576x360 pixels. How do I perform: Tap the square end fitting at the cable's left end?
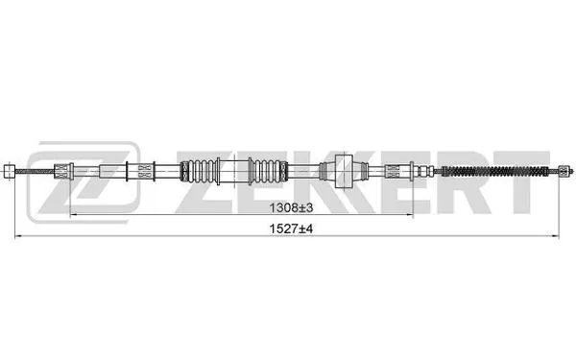[x=10, y=173]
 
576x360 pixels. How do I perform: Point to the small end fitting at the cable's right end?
[x=561, y=173]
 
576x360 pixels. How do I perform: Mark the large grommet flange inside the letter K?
[x=343, y=173]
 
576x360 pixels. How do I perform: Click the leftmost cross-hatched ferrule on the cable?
[x=65, y=173]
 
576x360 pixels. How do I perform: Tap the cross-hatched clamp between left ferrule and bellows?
[x=140, y=173]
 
